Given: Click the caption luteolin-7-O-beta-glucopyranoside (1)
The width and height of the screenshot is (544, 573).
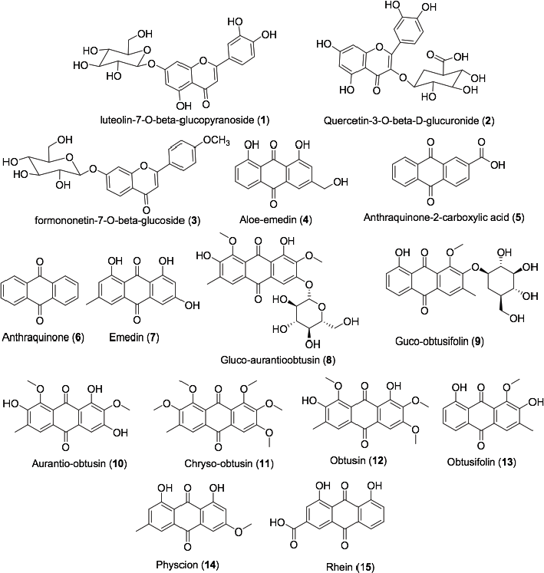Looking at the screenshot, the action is pyautogui.click(x=185, y=120).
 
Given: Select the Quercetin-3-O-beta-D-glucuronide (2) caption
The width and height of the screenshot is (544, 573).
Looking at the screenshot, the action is pyautogui.click(x=409, y=120).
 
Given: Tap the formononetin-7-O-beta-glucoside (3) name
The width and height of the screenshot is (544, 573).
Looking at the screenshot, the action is pyautogui.click(x=117, y=221).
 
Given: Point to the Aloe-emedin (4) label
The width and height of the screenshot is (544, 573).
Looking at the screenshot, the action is pyautogui.click(x=275, y=220).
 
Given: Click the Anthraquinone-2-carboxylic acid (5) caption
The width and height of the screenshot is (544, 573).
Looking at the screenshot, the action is pyautogui.click(x=443, y=218).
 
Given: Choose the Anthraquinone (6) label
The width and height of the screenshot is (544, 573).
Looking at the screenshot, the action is pyautogui.click(x=43, y=338).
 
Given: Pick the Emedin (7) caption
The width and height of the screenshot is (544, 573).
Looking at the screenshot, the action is pyautogui.click(x=134, y=338).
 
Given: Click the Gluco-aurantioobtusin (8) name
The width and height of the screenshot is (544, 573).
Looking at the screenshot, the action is pyautogui.click(x=278, y=361).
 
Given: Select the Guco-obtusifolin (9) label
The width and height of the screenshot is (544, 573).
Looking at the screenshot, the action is pyautogui.click(x=440, y=341).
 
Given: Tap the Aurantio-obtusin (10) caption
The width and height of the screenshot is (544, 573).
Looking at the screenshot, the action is pyautogui.click(x=79, y=464).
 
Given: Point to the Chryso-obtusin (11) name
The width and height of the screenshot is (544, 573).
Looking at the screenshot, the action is pyautogui.click(x=229, y=464).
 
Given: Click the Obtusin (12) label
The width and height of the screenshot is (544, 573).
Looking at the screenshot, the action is pyautogui.click(x=358, y=460).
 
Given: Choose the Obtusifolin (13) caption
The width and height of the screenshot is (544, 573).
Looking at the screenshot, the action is pyautogui.click(x=482, y=463).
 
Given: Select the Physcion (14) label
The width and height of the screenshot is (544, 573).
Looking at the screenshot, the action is pyautogui.click(x=187, y=565).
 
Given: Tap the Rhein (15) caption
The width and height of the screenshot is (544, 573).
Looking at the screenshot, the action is pyautogui.click(x=350, y=567).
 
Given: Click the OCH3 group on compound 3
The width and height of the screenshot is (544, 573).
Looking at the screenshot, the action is pyautogui.click(x=216, y=140).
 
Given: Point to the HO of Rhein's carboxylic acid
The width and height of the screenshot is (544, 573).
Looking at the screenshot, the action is pyautogui.click(x=278, y=523).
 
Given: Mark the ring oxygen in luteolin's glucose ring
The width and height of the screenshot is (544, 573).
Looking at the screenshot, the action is pyautogui.click(x=147, y=49).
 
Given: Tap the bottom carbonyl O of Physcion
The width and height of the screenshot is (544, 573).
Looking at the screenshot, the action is pyautogui.click(x=187, y=547).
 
